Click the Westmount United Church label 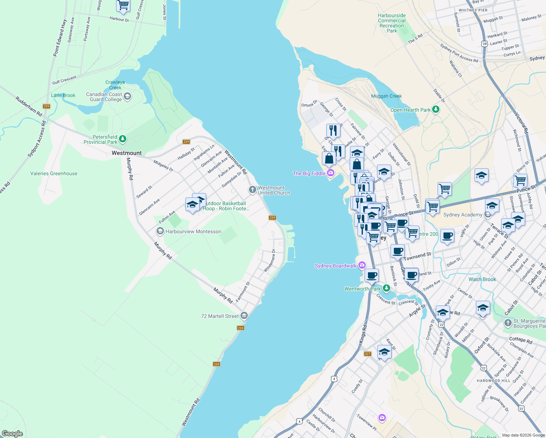[274, 190]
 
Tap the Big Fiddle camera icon [331, 173]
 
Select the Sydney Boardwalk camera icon [362, 265]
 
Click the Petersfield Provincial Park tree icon [123, 139]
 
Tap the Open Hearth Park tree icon [435, 109]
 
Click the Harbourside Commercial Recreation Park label [392, 23]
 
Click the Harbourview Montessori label [193, 231]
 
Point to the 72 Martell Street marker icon [244, 316]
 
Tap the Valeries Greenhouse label [54, 173]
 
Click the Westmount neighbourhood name [127, 153]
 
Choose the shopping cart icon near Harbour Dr [123, 5]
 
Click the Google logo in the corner [12, 434]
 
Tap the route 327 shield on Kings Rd [368, 353]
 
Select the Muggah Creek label [386, 96]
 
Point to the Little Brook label [63, 95]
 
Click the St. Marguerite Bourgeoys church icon [508, 323]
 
